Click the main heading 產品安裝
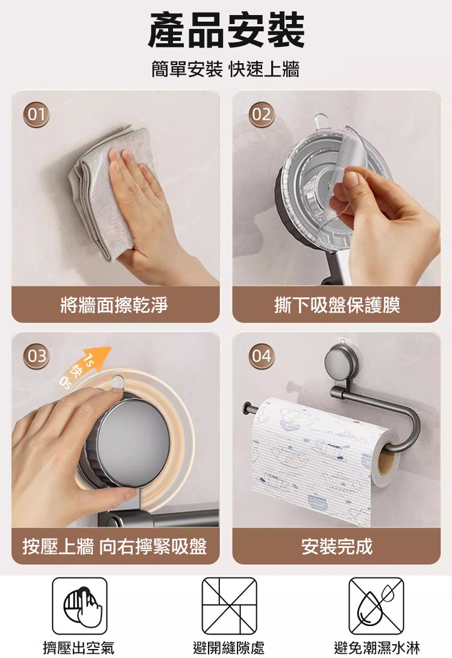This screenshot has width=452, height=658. tap(226, 31)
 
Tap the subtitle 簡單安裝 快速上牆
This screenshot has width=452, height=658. tap(225, 69)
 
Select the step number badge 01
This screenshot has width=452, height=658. tap(36, 114)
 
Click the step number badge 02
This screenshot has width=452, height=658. tap(262, 114)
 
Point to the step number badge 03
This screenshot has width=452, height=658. tap(36, 356)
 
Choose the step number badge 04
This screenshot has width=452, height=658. tap(262, 356)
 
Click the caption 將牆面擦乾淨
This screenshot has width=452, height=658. tap(115, 305)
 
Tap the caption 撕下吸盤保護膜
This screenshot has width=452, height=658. tap(337, 305)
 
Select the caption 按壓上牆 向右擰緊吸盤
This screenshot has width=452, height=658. tap(115, 547)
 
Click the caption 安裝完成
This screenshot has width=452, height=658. tap(337, 547)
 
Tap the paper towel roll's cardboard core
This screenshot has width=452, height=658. tap(387, 459)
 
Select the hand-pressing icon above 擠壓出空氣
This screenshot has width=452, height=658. tap(80, 606)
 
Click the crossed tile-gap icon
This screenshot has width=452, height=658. tap(230, 606)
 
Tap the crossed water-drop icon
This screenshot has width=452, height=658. tap(377, 606)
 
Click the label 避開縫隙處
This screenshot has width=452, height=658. tap(229, 648)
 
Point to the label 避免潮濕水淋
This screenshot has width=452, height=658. tap(377, 648)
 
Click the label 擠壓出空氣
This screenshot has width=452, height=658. tap(78, 648)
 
